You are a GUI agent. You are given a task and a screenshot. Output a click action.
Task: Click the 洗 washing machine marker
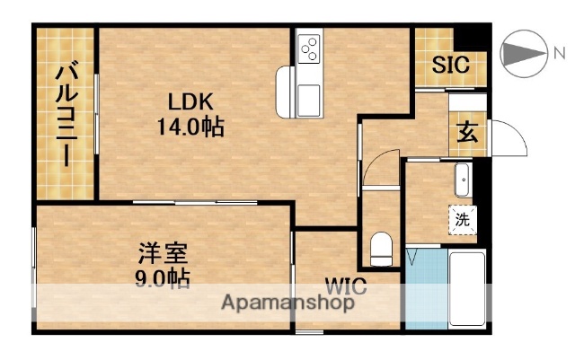tap(463, 218)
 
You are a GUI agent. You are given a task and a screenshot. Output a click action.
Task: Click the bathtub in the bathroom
tap(467, 288)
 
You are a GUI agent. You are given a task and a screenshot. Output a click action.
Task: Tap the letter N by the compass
tap(559, 54)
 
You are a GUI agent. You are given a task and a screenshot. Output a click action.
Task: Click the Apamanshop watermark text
tap(287, 302)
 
